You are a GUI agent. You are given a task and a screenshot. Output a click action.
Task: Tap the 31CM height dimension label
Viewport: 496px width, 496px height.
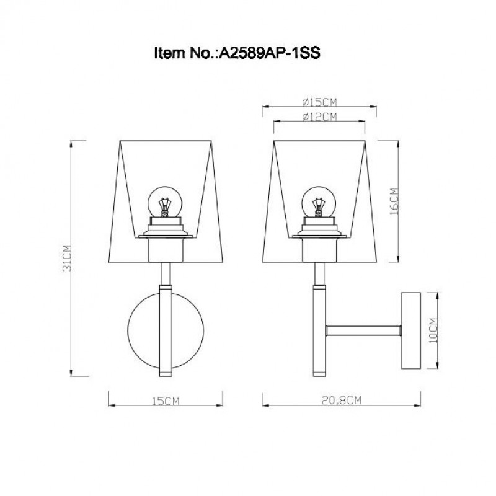pyautogui.click(x=67, y=258)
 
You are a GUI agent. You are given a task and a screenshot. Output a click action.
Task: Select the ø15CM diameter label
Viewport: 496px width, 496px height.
pyautogui.click(x=319, y=102)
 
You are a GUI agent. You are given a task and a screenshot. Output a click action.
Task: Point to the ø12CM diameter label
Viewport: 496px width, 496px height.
pyautogui.click(x=319, y=117)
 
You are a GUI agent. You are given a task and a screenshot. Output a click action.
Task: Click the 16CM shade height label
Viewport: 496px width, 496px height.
pyautogui.click(x=394, y=201)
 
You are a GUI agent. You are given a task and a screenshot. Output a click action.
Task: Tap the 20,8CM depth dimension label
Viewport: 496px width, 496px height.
pyautogui.click(x=342, y=401)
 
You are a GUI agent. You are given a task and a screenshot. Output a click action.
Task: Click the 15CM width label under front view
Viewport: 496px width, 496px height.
pyautogui.click(x=166, y=401)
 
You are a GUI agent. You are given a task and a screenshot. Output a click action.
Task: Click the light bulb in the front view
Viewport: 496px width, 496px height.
pyautogui.click(x=165, y=202)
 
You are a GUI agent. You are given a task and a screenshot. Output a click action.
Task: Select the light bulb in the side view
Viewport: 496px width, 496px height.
pyautogui.click(x=318, y=202)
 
